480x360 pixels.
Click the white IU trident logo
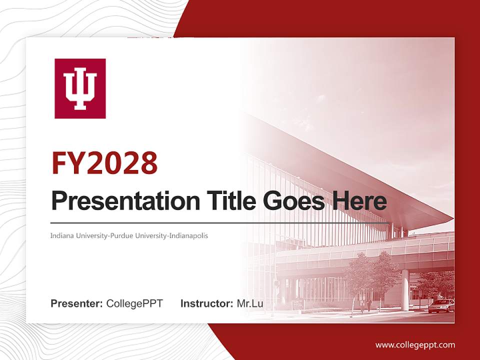[80, 88]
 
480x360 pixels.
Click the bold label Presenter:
[77, 303]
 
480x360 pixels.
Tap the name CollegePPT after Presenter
[134, 303]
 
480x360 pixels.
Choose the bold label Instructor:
[206, 303]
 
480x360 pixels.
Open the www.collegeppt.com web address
[415, 344]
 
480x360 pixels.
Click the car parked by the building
[441, 305]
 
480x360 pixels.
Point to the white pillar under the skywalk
[405, 290]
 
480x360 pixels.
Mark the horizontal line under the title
[220, 222]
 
